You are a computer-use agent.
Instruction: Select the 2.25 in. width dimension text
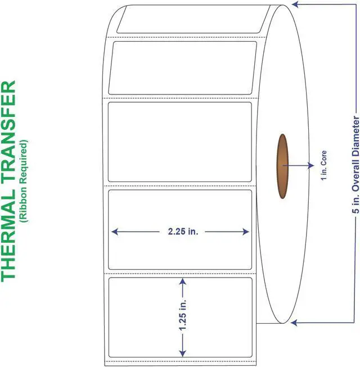(181, 232)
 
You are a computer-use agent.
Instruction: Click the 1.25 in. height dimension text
(182, 316)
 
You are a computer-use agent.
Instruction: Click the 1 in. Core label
(323, 166)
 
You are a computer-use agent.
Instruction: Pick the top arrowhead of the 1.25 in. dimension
(182, 280)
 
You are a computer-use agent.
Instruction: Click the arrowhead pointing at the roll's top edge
(294, 6)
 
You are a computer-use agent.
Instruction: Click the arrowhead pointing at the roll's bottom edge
(294, 323)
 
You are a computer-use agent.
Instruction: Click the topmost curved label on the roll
(188, 20)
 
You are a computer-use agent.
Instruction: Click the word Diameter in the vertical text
(354, 134)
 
